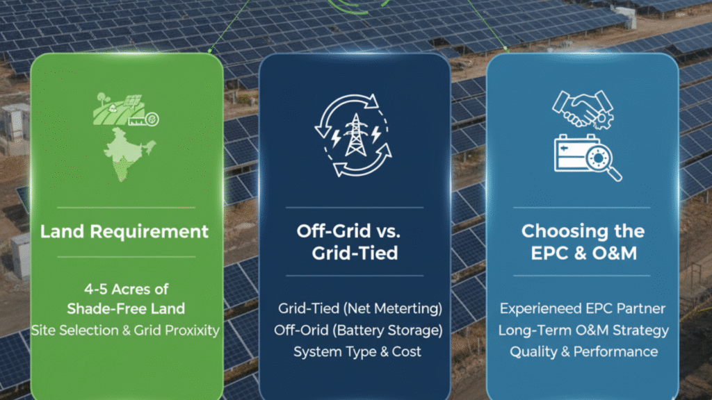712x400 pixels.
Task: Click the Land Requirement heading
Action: tap(124, 231)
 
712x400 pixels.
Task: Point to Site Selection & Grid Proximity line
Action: tap(125, 330)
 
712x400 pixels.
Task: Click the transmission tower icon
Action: tap(355, 136)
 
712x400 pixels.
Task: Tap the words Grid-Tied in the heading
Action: tap(355, 253)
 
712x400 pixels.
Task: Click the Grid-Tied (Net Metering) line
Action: tap(355, 308)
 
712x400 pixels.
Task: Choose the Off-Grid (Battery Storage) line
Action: tap(355, 329)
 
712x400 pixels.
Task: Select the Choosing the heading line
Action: tap(583, 231)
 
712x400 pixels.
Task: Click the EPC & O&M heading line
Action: tap(583, 253)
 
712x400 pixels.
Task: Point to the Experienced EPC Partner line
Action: tap(583, 308)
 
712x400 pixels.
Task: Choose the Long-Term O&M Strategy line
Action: tap(583, 329)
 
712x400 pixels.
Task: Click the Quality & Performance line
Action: tap(583, 351)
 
